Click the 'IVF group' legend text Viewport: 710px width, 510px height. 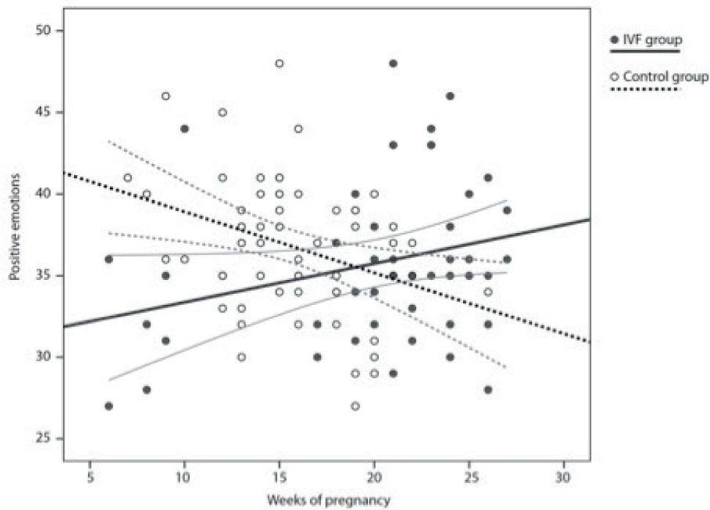[x=651, y=39]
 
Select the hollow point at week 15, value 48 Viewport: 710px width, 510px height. [x=279, y=64]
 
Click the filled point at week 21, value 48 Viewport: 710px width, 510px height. [x=393, y=64]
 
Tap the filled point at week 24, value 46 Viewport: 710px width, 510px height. [x=450, y=96]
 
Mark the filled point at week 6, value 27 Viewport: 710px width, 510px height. [x=108, y=406]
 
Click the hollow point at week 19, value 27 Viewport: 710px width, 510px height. [x=355, y=406]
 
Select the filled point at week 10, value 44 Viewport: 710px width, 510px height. [x=185, y=129]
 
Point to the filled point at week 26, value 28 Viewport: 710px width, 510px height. [x=488, y=390]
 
